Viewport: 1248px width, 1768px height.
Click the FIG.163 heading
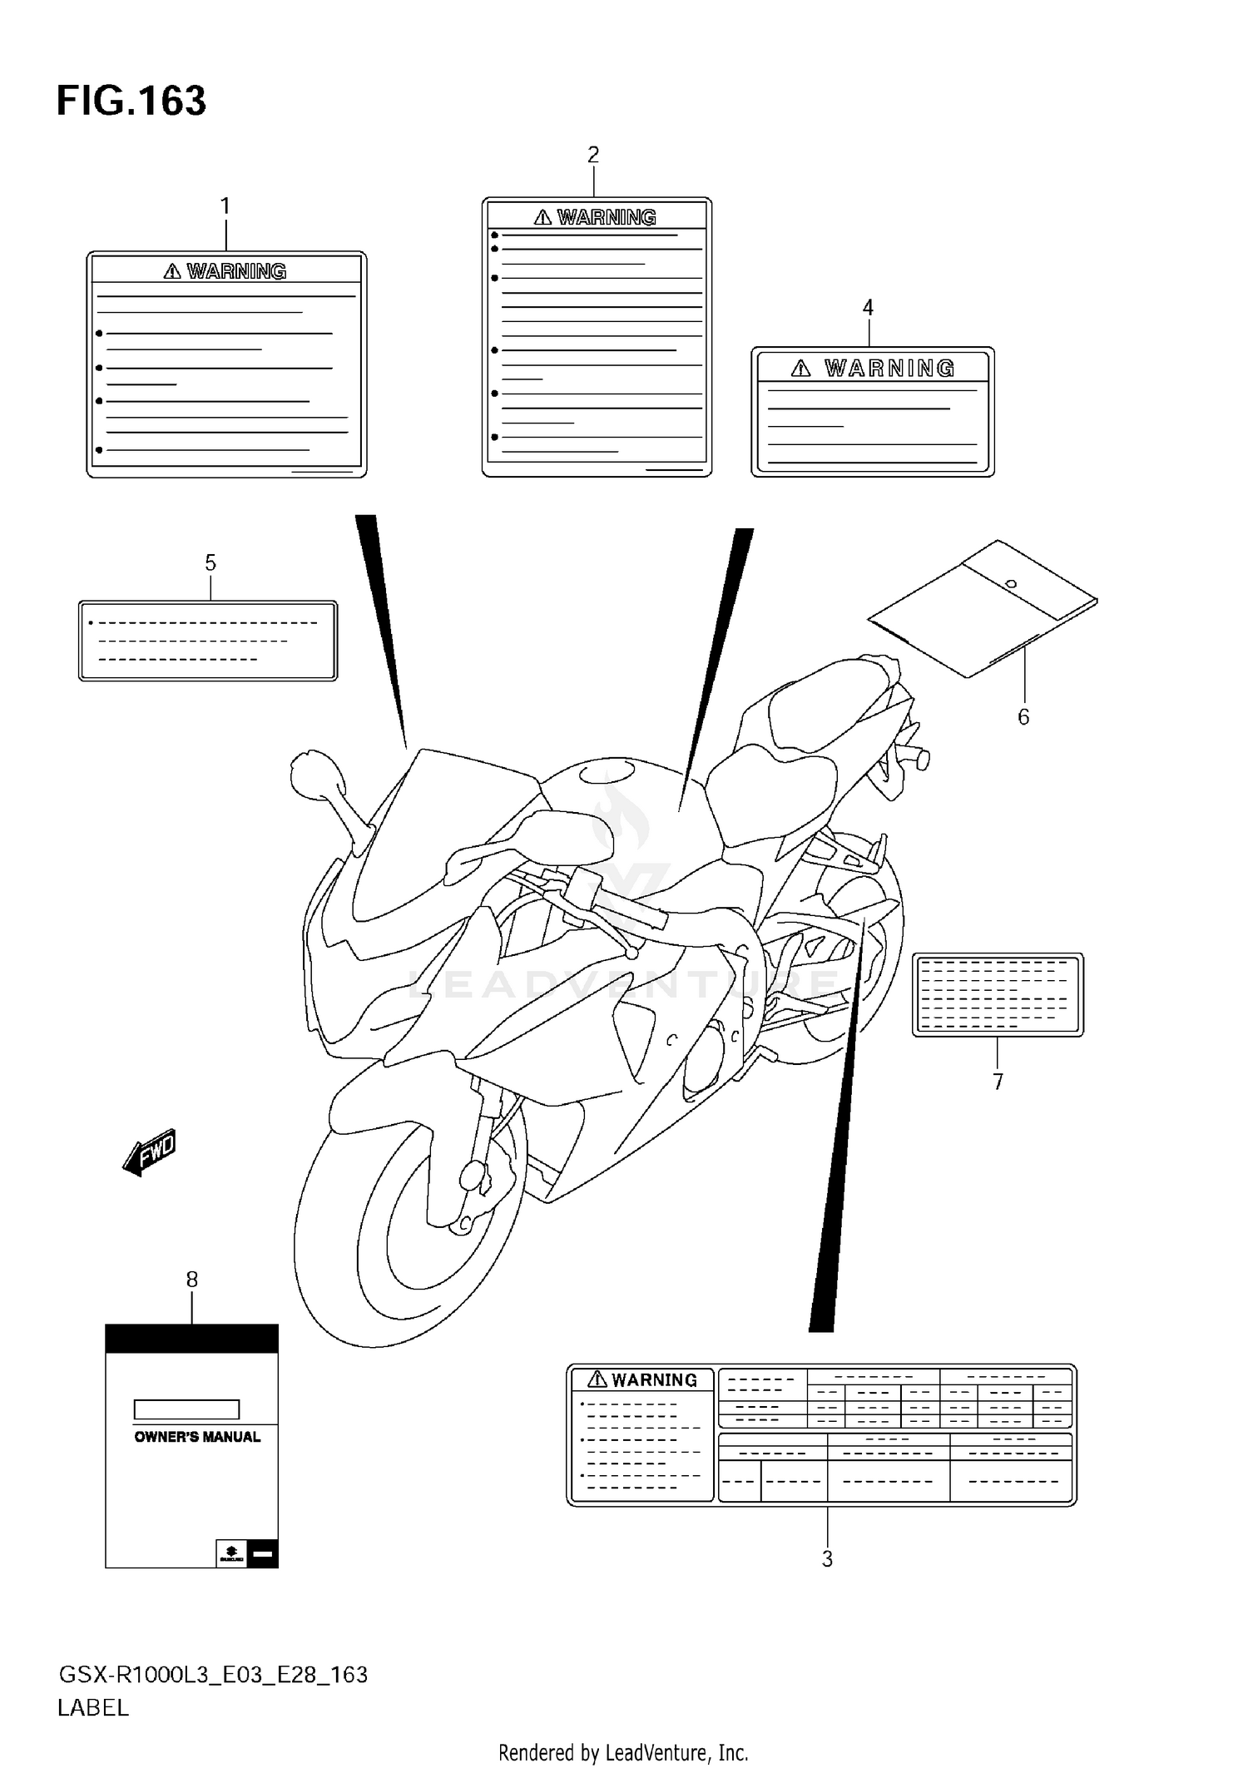[x=131, y=101]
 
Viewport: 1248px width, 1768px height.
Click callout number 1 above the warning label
[x=225, y=206]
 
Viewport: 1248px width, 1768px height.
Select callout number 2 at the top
[x=593, y=155]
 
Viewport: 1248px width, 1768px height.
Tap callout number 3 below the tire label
[x=827, y=1559]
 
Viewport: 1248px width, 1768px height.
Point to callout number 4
[x=868, y=308]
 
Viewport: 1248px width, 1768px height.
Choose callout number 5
[x=210, y=563]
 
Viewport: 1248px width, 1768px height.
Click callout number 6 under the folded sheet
[x=1023, y=717]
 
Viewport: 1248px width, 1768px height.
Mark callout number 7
[x=998, y=1082]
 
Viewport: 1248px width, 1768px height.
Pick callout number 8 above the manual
[x=192, y=1280]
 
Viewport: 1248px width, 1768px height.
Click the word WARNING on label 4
[x=889, y=369]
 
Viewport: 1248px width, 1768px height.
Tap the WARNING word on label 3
[x=654, y=1380]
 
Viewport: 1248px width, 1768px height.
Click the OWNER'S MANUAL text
[x=197, y=1437]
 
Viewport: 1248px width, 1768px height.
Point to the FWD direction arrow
[x=150, y=1152]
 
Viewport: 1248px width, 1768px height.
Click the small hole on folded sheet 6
[x=1011, y=583]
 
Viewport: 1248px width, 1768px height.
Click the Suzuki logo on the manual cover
[x=230, y=1553]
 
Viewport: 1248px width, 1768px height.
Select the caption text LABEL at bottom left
[x=93, y=1708]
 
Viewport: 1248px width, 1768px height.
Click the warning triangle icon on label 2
[x=542, y=217]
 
